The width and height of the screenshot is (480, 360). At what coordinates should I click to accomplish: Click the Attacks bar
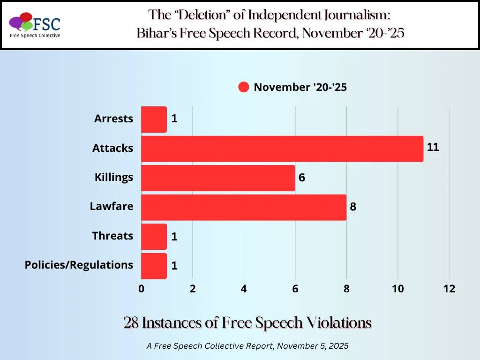[x=282, y=149]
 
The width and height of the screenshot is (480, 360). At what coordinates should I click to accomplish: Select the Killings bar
[x=218, y=178]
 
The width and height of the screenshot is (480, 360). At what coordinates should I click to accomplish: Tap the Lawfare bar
[x=243, y=207]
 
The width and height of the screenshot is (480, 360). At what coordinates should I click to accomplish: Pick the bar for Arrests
[x=154, y=119]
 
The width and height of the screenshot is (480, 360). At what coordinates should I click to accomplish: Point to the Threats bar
[x=154, y=236]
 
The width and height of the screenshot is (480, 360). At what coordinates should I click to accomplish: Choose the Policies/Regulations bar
[x=154, y=266]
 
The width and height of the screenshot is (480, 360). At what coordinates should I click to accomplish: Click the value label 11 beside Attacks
[x=433, y=147]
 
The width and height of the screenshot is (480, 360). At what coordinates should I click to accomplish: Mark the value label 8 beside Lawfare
[x=353, y=207]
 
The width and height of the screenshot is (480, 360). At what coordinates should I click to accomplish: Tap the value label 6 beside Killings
[x=301, y=178]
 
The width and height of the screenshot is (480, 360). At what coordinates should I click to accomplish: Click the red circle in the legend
[x=243, y=87]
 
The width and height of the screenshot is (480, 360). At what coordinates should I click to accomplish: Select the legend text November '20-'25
[x=300, y=87]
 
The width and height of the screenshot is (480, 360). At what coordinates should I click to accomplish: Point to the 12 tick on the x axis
[x=449, y=289]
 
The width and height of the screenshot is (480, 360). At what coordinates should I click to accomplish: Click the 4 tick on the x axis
[x=244, y=289]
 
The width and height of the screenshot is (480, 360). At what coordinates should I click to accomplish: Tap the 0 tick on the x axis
[x=141, y=289]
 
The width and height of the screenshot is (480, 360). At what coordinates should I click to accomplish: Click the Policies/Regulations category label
[x=79, y=265]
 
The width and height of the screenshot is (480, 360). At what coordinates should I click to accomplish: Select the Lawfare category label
[x=112, y=206]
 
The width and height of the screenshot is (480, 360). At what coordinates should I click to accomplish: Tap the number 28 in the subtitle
[x=131, y=323]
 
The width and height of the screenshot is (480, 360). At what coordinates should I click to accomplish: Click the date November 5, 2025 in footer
[x=312, y=345]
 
